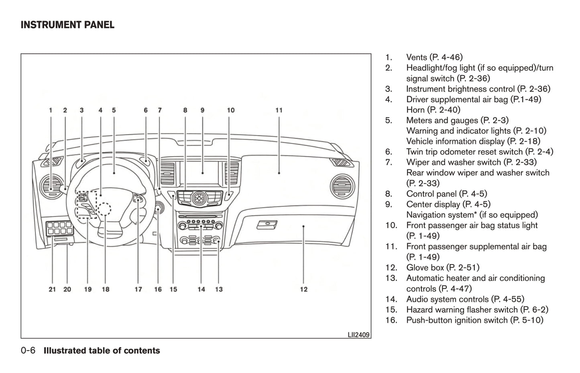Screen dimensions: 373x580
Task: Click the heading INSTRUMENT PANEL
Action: point(67,25)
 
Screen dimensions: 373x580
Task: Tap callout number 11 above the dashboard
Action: point(279,110)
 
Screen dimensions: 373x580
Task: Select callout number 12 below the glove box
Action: point(304,289)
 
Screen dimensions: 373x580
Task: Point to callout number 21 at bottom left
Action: point(52,289)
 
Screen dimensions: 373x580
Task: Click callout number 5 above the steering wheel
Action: point(114,110)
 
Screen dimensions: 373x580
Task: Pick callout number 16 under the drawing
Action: point(158,289)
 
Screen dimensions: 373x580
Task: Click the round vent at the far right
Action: point(342,187)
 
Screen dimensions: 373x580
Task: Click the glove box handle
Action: point(267,224)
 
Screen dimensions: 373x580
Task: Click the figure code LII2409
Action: point(358,334)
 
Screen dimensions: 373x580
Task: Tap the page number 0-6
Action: point(28,351)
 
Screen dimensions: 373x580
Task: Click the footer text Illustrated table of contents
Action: point(102,351)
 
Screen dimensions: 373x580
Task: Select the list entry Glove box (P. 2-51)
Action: point(443,267)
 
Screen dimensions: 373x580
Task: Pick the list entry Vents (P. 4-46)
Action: point(434,57)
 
